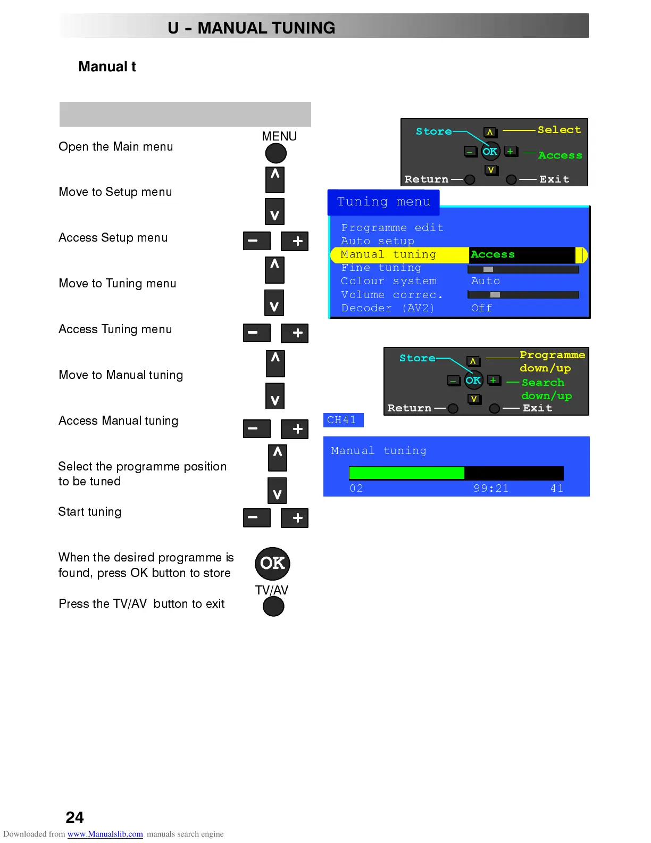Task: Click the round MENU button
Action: tap(276, 153)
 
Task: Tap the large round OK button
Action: tap(272, 564)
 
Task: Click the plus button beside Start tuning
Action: tap(295, 518)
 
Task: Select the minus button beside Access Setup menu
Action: tap(256, 241)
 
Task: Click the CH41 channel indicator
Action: tap(343, 420)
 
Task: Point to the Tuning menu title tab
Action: tap(383, 202)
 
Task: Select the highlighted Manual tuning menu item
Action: tap(388, 255)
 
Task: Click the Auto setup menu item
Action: tap(378, 241)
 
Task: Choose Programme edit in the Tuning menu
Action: tap(392, 228)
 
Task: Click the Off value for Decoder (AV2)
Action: tap(481, 308)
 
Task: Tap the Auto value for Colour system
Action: tap(485, 281)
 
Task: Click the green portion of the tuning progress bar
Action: tap(406, 473)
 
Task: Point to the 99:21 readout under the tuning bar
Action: tap(491, 489)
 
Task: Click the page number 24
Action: tap(74, 817)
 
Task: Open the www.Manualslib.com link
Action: tap(105, 834)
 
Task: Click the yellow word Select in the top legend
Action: tap(559, 130)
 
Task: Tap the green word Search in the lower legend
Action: tap(542, 383)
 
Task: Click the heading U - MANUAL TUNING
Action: tap(251, 28)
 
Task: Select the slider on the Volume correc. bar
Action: tap(495, 295)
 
